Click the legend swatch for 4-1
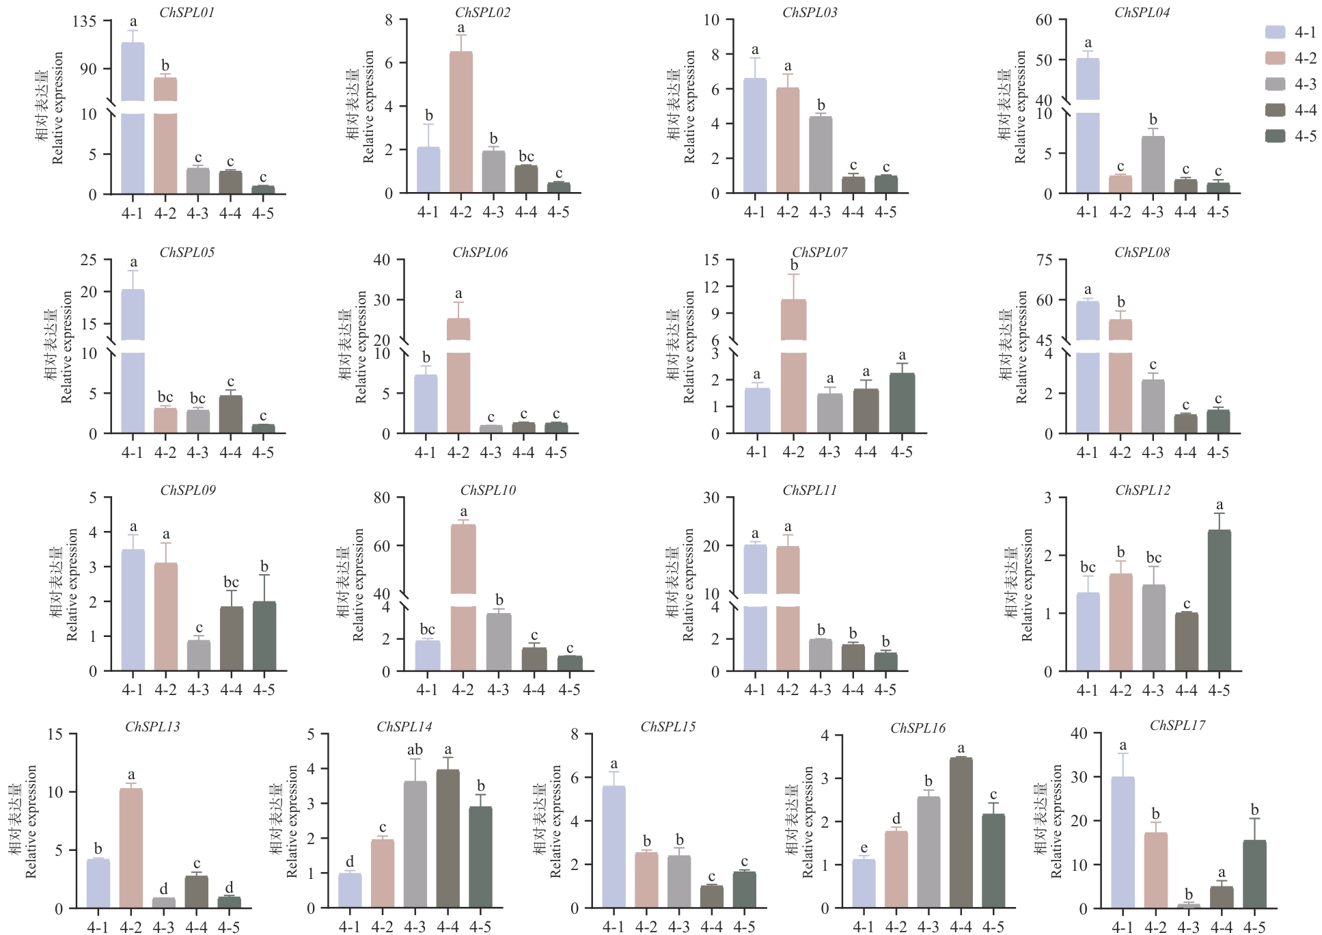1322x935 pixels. (x=1275, y=32)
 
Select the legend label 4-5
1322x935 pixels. (x=1306, y=136)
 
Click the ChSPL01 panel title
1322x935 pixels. (x=187, y=12)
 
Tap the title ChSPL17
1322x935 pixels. (x=1177, y=725)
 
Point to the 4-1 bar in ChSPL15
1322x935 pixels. (x=614, y=847)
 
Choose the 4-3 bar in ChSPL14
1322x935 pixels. (x=415, y=844)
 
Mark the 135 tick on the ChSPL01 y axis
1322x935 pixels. (x=85, y=21)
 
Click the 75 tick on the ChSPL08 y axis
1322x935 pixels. (x=1044, y=260)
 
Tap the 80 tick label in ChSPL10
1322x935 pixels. (x=382, y=498)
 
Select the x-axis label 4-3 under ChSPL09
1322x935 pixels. (x=198, y=690)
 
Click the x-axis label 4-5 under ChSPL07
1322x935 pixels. (x=902, y=452)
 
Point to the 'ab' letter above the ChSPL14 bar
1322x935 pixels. (x=415, y=750)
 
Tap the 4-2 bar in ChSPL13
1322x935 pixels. (x=131, y=848)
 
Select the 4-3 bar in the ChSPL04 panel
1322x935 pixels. (x=1153, y=165)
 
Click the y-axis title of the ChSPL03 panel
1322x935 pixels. (x=681, y=107)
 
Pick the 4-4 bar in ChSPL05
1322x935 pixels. (x=231, y=414)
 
